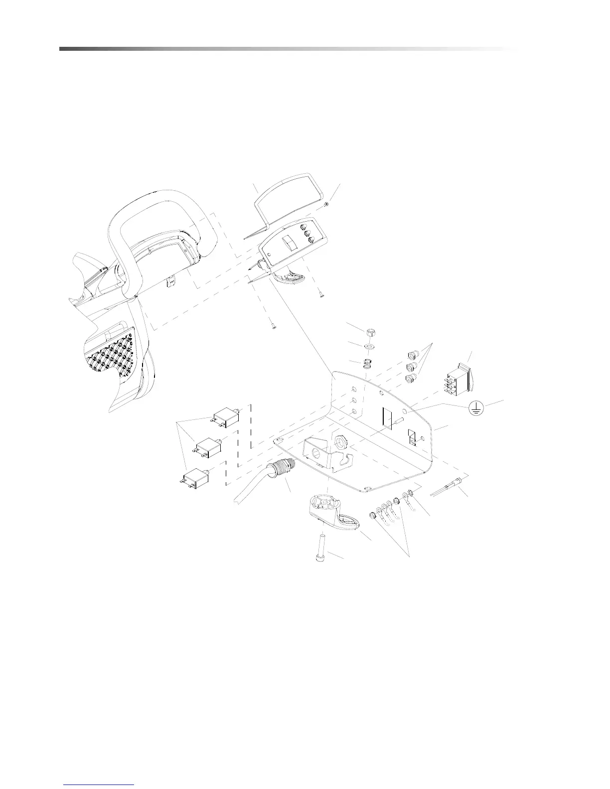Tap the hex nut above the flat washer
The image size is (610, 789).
pyautogui.click(x=369, y=332)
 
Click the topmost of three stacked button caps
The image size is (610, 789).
pyautogui.click(x=412, y=356)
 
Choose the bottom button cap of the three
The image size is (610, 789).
pyautogui.click(x=411, y=380)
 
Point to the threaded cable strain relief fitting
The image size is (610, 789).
pyautogui.click(x=281, y=471)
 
